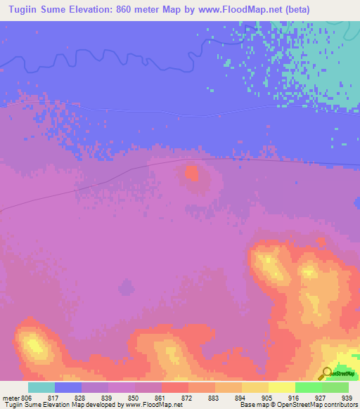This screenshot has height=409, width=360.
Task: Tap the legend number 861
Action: pos(161,398)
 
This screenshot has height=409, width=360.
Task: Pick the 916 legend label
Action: pos(295,398)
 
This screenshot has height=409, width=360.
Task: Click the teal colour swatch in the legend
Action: pos(41,387)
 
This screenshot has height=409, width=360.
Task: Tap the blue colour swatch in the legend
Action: pos(68,387)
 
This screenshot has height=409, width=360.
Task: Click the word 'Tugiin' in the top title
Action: pos(22,10)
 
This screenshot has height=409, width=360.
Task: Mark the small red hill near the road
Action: pos(191,171)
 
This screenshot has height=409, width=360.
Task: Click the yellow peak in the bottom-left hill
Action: pos(32,344)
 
